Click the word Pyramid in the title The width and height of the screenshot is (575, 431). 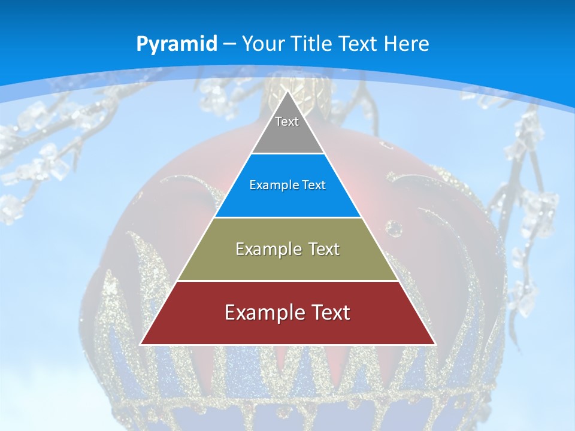(x=176, y=44)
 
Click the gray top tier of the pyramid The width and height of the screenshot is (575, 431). (x=287, y=135)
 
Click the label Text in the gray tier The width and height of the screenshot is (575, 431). (x=287, y=122)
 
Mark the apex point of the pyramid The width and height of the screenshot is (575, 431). (x=287, y=92)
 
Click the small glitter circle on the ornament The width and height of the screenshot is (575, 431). (x=394, y=227)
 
